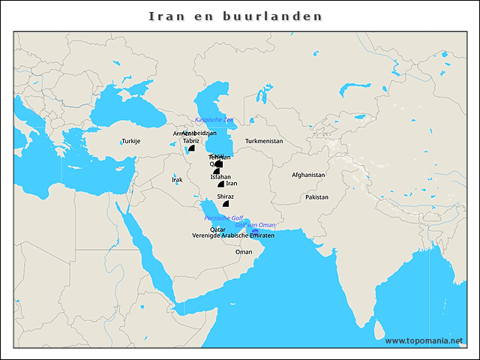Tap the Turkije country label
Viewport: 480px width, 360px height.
tap(131, 141)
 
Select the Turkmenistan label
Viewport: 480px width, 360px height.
tap(263, 141)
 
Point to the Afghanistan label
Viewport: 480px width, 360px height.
tap(308, 175)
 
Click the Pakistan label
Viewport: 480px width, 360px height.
tap(317, 196)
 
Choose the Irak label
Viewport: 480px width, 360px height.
tap(177, 180)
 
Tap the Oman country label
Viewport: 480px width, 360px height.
tap(244, 252)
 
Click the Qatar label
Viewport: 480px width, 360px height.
tap(217, 229)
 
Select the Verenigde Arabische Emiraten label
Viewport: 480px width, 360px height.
tap(232, 236)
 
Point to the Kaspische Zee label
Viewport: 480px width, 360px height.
tap(214, 120)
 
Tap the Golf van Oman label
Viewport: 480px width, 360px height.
tap(255, 225)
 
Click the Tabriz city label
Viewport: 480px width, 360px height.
tap(191, 140)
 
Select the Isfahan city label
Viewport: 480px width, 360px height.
tap(220, 176)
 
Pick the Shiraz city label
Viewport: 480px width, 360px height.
tap(225, 196)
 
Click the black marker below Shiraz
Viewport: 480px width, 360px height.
tap(226, 203)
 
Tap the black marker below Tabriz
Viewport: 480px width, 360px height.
tap(192, 148)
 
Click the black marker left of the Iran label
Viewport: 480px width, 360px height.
tap(220, 184)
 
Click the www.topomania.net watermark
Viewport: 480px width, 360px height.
tap(424, 340)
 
